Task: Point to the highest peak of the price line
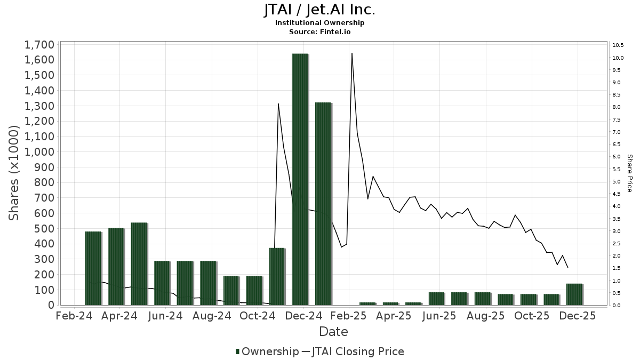pyautogui.click(x=352, y=53)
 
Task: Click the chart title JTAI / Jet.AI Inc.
pyautogui.click(x=320, y=10)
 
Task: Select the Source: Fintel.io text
pyautogui.click(x=320, y=31)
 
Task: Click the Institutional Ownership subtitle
pyautogui.click(x=320, y=23)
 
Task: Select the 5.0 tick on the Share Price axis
pyautogui.click(x=617, y=181)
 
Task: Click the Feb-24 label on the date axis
pyautogui.click(x=74, y=316)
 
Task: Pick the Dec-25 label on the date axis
pyautogui.click(x=578, y=316)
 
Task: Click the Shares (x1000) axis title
pyautogui.click(x=14, y=173)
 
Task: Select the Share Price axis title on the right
pyautogui.click(x=629, y=173)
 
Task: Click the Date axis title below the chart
pyautogui.click(x=333, y=332)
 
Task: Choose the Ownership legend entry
pyautogui.click(x=267, y=351)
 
